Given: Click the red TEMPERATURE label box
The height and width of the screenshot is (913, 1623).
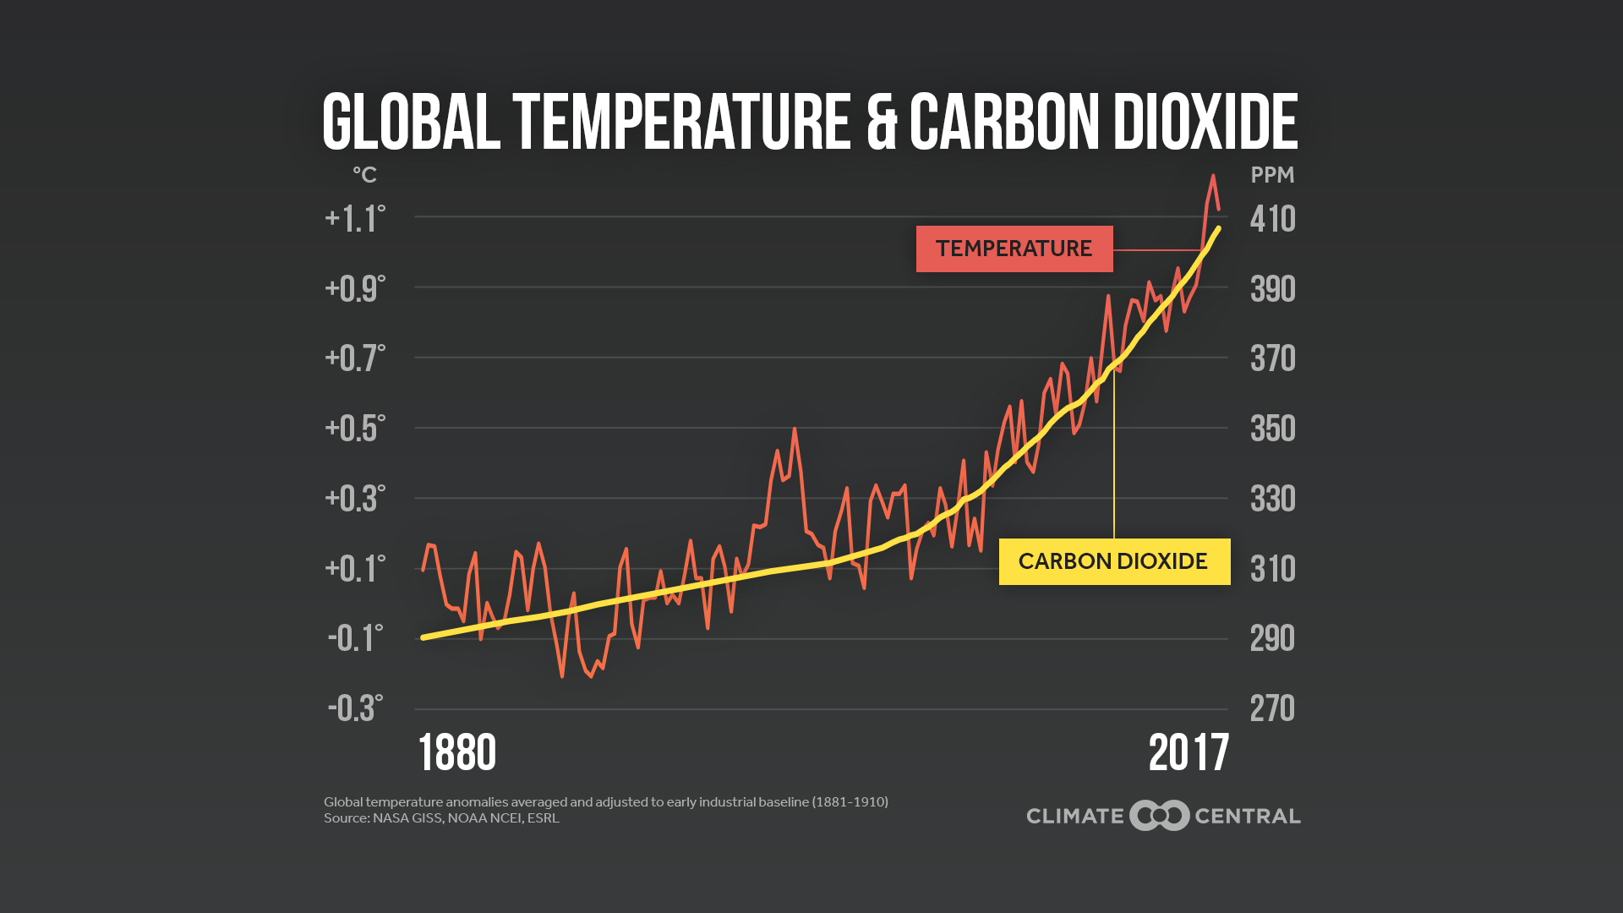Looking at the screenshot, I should [1014, 249].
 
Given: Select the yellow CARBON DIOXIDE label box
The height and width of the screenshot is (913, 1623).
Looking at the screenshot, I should [1113, 561].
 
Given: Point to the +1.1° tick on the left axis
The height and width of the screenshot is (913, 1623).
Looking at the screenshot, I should [355, 219].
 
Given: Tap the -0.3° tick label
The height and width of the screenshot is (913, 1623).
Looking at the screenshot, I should [355, 708].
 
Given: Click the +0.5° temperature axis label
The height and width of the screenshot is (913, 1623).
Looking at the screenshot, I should [355, 429].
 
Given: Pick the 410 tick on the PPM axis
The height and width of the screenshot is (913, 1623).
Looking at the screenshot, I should [1272, 219].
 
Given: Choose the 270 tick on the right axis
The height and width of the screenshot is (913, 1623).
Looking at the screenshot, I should [1272, 708].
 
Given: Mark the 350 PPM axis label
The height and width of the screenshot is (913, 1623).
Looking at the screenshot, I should [1272, 429].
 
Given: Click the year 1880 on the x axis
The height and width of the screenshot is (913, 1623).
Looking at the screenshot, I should [457, 752].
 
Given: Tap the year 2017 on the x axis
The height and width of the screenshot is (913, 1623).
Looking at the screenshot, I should [1188, 752].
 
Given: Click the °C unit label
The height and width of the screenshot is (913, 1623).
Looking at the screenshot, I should [364, 175].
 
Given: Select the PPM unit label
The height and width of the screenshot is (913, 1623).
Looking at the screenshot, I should [1272, 175].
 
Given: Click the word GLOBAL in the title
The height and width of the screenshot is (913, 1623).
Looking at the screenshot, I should [411, 123].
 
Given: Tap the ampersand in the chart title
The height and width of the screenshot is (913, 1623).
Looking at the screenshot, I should [881, 123].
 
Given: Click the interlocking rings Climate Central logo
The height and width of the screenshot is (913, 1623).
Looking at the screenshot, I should [1160, 816].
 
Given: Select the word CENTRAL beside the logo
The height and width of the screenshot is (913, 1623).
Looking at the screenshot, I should [1247, 817].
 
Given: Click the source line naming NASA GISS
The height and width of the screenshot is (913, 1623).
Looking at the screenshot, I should [441, 818].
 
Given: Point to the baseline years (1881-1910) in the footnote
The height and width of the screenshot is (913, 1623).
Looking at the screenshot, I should [850, 801].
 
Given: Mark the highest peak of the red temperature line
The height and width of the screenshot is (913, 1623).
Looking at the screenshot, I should [1213, 176].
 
